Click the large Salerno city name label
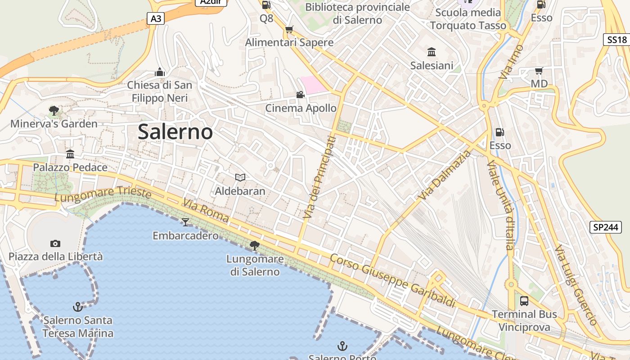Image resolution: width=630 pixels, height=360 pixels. click(x=175, y=132)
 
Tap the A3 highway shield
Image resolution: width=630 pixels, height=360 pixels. click(x=156, y=18)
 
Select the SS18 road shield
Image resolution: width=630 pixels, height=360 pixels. click(x=616, y=40)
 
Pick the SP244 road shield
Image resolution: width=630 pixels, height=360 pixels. click(x=605, y=227)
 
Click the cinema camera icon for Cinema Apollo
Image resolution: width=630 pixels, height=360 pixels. click(x=300, y=94)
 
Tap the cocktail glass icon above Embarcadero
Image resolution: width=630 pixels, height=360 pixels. click(x=185, y=222)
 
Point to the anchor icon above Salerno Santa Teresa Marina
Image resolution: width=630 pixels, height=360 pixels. click(x=78, y=307)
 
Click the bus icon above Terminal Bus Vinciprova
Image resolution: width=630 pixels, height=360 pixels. click(x=524, y=301)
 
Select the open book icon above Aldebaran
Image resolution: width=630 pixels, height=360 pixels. click(x=240, y=178)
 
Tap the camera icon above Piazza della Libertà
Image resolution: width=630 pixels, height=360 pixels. click(x=55, y=243)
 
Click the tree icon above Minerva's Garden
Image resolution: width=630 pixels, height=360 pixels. click(x=54, y=110)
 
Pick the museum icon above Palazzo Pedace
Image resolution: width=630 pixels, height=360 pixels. click(x=70, y=154)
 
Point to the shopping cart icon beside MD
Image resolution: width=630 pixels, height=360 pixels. click(x=539, y=71)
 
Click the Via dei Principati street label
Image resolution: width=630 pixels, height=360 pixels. click(x=319, y=178)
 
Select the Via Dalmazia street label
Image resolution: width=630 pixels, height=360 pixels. click(x=444, y=175)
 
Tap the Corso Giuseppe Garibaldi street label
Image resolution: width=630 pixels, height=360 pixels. click(x=392, y=280)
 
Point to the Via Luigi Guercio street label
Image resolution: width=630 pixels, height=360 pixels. click(x=576, y=285)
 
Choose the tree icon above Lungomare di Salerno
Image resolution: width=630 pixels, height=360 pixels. click(x=255, y=245)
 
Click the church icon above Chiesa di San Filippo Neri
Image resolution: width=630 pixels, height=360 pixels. click(x=160, y=72)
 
